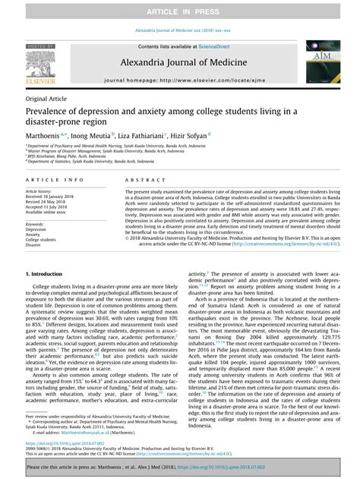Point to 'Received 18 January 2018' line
click(52, 197)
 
